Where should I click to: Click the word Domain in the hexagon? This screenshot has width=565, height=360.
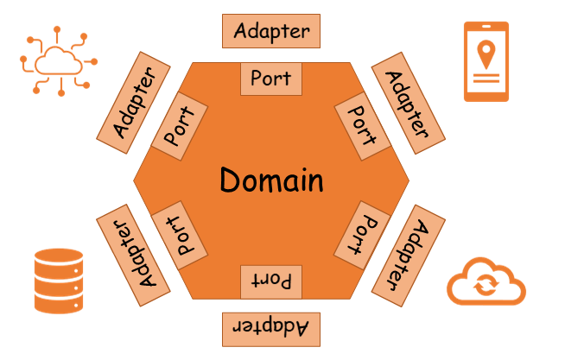271,180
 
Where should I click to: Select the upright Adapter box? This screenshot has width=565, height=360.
271,31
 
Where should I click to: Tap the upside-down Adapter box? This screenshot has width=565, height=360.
271,330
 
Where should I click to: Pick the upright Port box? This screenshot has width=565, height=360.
271,79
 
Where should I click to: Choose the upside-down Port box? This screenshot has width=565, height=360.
271,282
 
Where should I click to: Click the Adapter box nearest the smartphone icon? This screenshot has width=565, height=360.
409,103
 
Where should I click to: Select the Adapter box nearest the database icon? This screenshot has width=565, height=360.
133,256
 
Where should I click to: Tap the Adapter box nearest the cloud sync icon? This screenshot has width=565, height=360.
409,256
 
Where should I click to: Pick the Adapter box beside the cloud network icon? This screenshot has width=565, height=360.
133,103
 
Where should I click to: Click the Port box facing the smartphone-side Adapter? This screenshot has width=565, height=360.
363,126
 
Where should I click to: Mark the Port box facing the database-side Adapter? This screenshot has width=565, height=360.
180,235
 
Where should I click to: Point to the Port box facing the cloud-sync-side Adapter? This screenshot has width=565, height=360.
362,235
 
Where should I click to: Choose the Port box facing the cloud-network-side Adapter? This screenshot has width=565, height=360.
180,126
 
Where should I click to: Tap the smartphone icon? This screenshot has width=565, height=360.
486,61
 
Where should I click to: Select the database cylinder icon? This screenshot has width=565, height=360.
59,281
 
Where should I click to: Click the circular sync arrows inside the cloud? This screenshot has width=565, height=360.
486,284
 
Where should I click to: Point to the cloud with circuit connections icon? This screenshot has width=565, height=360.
59,61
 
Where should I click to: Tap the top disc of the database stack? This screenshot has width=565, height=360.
59,256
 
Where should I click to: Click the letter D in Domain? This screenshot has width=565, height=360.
230,180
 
